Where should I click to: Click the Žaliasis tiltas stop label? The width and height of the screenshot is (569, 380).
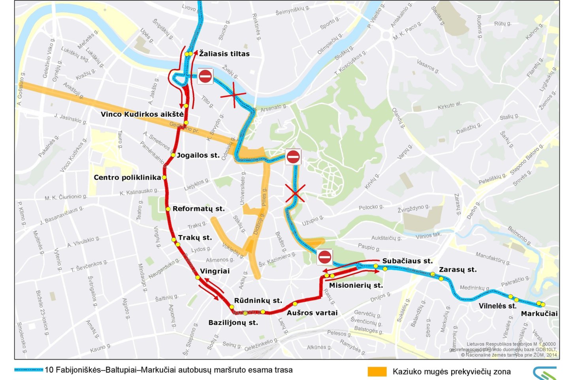[x=224, y=54]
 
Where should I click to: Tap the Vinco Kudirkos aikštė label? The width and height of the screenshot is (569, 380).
[x=142, y=114]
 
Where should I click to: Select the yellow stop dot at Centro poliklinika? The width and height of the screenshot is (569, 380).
[x=164, y=178]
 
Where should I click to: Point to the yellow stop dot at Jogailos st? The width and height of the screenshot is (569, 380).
[x=173, y=155]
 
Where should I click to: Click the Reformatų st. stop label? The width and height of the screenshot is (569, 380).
[x=198, y=209]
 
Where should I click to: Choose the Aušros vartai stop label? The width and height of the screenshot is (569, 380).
[x=312, y=313]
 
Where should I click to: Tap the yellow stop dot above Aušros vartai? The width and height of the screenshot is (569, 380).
[x=295, y=304]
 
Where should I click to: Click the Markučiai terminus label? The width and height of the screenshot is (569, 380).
[x=539, y=314]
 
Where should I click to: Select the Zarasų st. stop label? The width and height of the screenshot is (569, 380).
[x=458, y=270]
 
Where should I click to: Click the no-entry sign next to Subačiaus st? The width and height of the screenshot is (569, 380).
[x=325, y=257]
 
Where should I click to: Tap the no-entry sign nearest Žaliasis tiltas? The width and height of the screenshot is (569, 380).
[x=205, y=76]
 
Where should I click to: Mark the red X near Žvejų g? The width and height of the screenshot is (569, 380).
[x=234, y=95]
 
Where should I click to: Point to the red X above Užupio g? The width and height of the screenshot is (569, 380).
[x=295, y=194]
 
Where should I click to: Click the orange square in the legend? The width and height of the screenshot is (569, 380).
[x=377, y=372]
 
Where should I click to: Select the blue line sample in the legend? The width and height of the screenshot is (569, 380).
[x=28, y=370]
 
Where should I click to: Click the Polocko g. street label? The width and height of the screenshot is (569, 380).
[x=371, y=207]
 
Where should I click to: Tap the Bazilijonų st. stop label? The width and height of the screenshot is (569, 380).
[x=233, y=323]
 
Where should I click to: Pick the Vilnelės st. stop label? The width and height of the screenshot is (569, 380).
[x=497, y=306]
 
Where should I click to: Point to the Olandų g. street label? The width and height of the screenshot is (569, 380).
[x=398, y=118]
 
